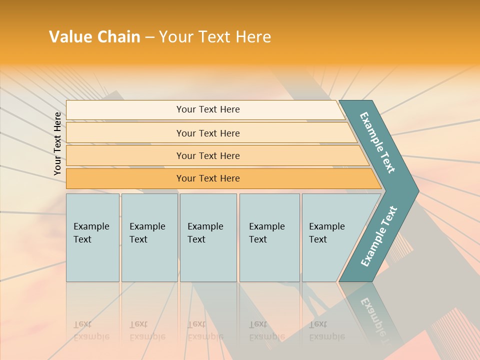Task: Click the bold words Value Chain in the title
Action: (x=94, y=37)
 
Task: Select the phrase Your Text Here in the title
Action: (x=215, y=37)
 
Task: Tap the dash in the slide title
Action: (x=149, y=37)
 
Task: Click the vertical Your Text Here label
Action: (x=57, y=143)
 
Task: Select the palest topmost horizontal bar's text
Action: (x=208, y=109)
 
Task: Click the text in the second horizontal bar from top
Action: (x=208, y=133)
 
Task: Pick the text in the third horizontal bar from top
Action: (x=208, y=156)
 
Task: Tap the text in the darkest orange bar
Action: (x=208, y=178)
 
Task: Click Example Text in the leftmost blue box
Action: (x=91, y=232)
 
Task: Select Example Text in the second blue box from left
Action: (x=147, y=232)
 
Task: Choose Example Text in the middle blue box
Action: (x=205, y=232)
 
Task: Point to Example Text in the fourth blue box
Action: (x=266, y=232)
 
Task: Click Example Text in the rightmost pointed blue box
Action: (x=326, y=232)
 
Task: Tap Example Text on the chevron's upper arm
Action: (x=377, y=142)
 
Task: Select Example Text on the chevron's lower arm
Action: (x=379, y=236)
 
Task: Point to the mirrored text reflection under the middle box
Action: (x=205, y=330)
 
